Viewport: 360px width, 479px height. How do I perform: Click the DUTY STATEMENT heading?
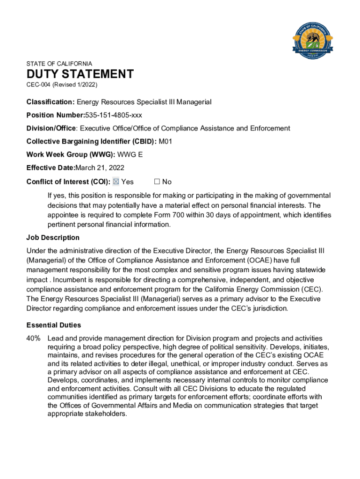click(x=80, y=74)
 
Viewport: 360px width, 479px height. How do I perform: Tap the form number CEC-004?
click(x=38, y=85)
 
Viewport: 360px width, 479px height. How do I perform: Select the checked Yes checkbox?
click(x=116, y=181)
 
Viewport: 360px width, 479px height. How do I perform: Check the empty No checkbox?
click(x=157, y=181)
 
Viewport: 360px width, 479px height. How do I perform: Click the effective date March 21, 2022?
click(x=103, y=168)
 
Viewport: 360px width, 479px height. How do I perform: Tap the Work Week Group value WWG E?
click(x=130, y=155)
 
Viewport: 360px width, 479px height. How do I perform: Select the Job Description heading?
click(x=53, y=238)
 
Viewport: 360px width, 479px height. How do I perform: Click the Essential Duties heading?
click(x=54, y=325)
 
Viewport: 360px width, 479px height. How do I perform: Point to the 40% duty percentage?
click(x=34, y=338)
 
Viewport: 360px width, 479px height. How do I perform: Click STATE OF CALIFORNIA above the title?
click(x=59, y=64)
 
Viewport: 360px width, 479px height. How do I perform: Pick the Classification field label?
click(x=50, y=102)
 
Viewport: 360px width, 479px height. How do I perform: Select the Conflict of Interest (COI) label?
click(x=68, y=181)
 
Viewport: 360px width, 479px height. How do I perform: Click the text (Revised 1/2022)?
click(x=74, y=85)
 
